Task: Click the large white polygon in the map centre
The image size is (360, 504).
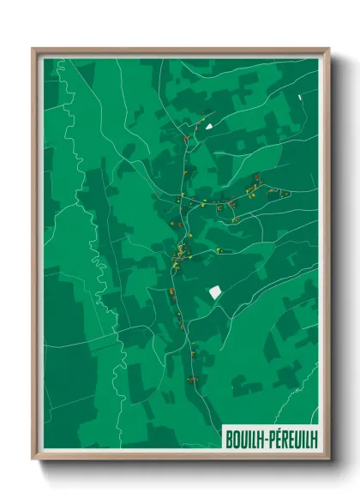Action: pos(215,292)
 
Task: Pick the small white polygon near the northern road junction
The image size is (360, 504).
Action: pos(207,127)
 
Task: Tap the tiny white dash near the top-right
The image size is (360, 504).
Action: pos(300,98)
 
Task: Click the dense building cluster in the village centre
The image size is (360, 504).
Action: pos(180,254)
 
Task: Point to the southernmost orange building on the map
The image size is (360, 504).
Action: pos(192,378)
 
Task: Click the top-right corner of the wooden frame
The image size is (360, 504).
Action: pos(327,50)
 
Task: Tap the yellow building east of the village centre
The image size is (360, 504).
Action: pos(219,249)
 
